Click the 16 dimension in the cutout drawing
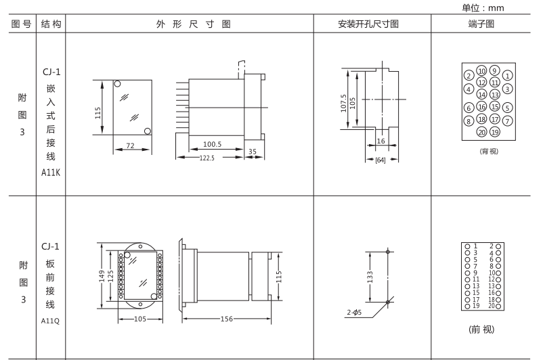[381, 141]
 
